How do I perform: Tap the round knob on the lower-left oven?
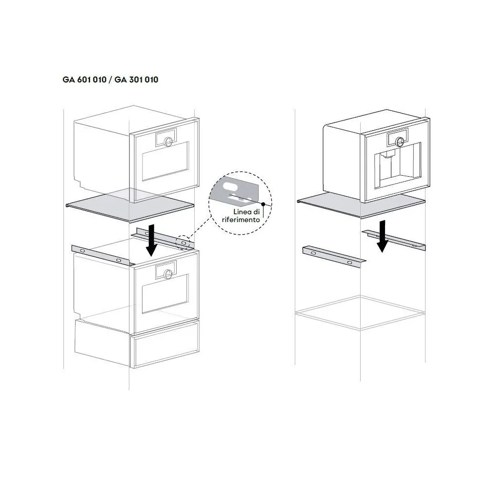168,273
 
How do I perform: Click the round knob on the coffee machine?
400,142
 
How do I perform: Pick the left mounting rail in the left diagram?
102,255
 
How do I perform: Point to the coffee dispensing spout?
388,155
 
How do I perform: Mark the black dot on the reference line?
263,203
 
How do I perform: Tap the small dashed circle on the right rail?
183,243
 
